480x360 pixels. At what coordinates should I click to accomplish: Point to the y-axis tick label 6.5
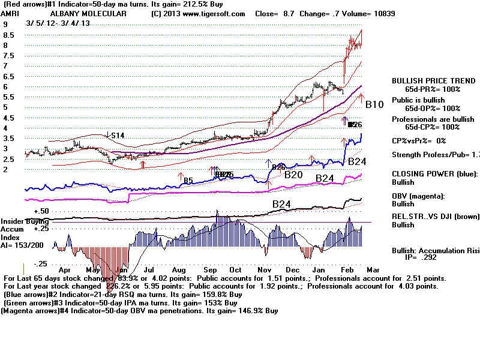coord(8,77)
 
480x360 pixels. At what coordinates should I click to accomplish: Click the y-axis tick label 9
coord(5,25)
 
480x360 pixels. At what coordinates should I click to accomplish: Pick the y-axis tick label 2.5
coord(8,159)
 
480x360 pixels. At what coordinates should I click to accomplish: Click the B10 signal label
coord(374,104)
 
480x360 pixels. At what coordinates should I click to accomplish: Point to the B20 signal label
coord(293,175)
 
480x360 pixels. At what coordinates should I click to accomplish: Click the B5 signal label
coord(188,180)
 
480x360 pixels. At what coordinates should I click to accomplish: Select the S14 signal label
coord(116,136)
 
